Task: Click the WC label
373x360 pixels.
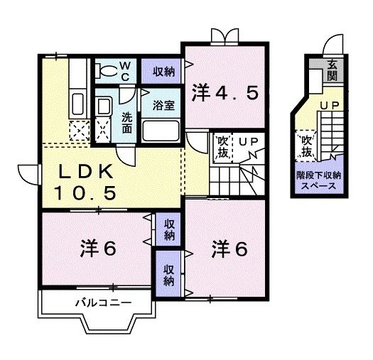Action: (x=124, y=70)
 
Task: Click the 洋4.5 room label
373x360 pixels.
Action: (x=224, y=92)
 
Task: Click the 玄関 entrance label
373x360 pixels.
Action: (x=332, y=71)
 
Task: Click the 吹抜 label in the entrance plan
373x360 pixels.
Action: (x=307, y=146)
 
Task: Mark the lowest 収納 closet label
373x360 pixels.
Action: (x=168, y=275)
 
